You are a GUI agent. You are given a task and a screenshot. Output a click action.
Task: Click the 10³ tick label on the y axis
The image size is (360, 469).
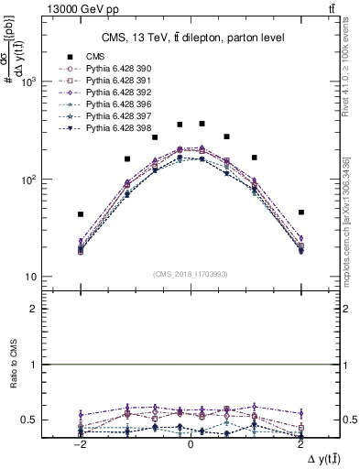pyautogui.click(x=27, y=82)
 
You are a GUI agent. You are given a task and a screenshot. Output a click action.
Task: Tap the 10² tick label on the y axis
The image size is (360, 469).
pyautogui.click(x=27, y=180)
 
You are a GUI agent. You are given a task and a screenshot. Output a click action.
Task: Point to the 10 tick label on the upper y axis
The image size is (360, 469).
pyautogui.click(x=29, y=277)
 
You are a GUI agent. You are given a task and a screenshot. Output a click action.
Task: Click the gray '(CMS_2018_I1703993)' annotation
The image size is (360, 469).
pyautogui.click(x=190, y=273)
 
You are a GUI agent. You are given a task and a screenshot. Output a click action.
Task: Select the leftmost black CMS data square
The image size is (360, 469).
pyautogui.click(x=81, y=214)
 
